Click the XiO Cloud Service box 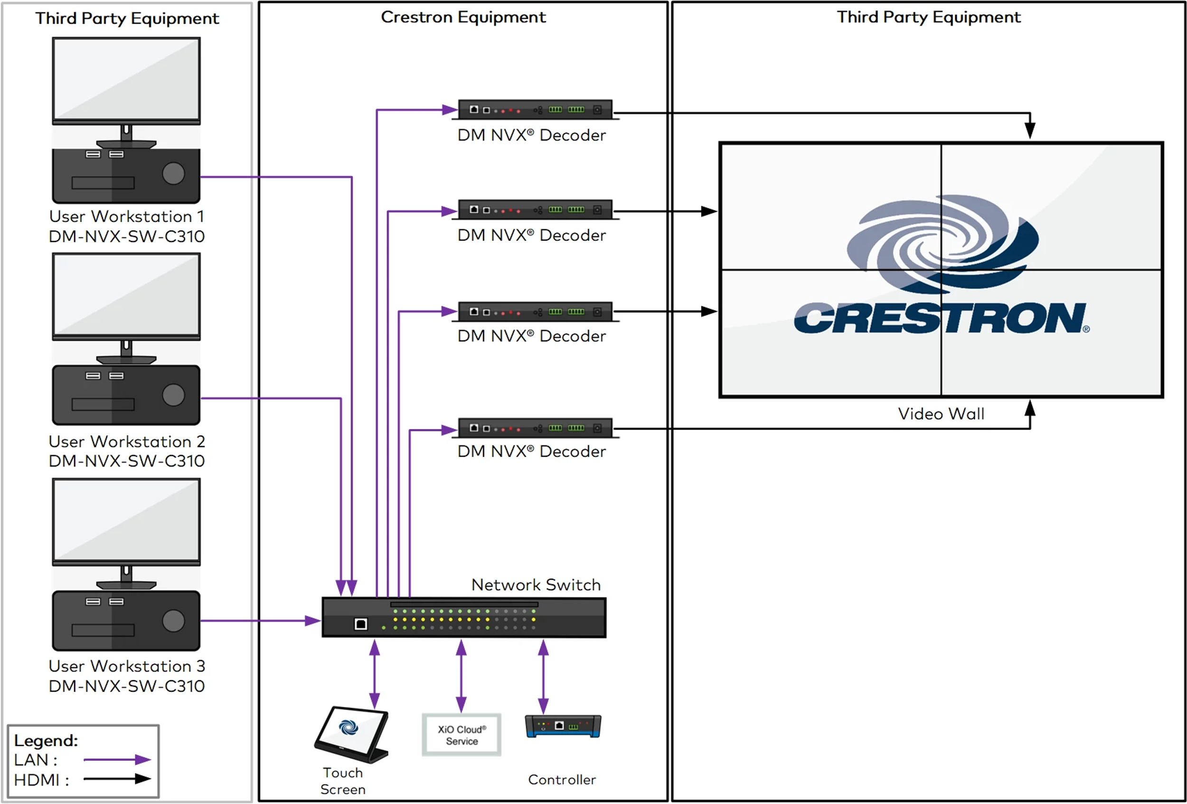461,735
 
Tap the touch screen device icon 352,734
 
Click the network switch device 464,617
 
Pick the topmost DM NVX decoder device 535,110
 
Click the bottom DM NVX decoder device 535,428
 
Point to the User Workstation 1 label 127,216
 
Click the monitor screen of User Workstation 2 126,295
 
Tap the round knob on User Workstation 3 173,621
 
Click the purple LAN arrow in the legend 117,759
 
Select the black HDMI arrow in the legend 117,779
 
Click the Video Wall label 941,413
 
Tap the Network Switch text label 535,585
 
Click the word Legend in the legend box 46,740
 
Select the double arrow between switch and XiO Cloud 461,676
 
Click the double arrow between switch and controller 544,676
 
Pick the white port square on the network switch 360,624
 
